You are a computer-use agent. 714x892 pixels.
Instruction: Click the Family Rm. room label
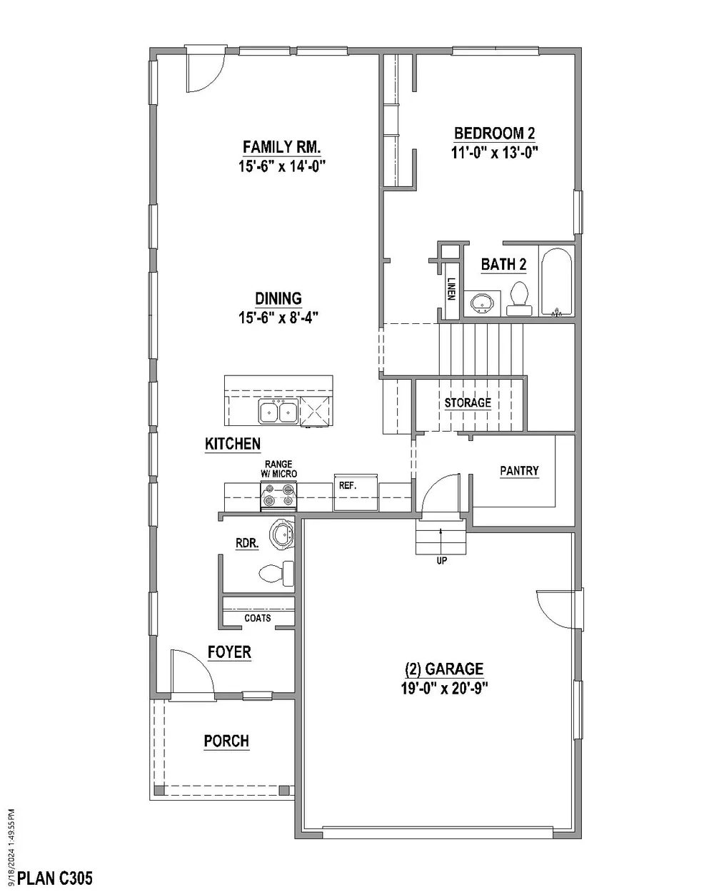pyautogui.click(x=282, y=147)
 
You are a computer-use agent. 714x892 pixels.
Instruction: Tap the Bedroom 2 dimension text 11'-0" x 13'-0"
pyautogui.click(x=495, y=153)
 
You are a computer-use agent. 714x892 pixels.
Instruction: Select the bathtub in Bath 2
pyautogui.click(x=556, y=283)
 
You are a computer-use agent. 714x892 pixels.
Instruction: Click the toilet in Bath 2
pyautogui.click(x=518, y=298)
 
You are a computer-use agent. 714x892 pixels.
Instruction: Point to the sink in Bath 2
pyautogui.click(x=482, y=304)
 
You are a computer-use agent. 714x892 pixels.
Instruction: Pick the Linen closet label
pyautogui.click(x=452, y=288)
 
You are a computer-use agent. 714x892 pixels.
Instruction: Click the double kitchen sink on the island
pyautogui.click(x=278, y=411)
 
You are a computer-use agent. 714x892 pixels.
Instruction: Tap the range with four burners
pyautogui.click(x=278, y=496)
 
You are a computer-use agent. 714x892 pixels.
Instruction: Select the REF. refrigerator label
pyautogui.click(x=348, y=485)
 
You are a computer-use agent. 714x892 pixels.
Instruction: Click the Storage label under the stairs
pyautogui.click(x=468, y=402)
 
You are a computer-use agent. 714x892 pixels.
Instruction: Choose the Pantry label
pyautogui.click(x=519, y=470)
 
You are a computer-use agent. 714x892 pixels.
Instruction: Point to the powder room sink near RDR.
pyautogui.click(x=282, y=534)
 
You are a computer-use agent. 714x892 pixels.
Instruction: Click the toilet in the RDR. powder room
pyautogui.click(x=276, y=573)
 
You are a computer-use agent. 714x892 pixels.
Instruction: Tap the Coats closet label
pyautogui.click(x=257, y=618)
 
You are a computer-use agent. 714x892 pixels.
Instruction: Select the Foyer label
pyautogui.click(x=229, y=652)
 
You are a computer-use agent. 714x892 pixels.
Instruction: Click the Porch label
pyautogui.click(x=226, y=740)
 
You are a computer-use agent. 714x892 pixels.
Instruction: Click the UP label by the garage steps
pyautogui.click(x=442, y=561)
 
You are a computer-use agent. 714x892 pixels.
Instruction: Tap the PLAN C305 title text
pyautogui.click(x=55, y=878)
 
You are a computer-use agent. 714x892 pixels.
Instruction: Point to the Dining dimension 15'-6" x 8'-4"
pyautogui.click(x=278, y=318)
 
